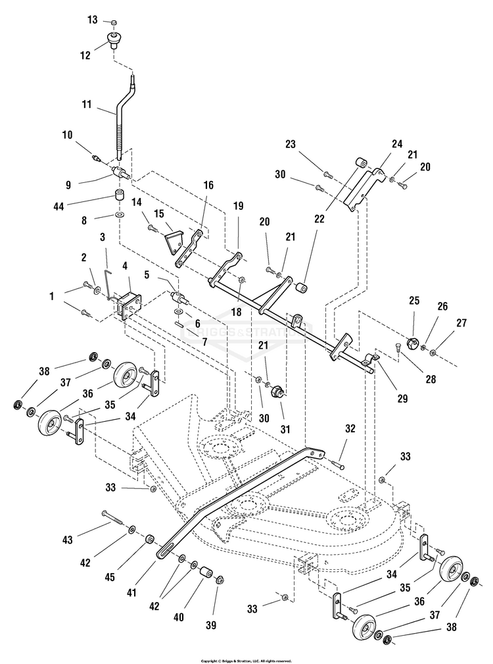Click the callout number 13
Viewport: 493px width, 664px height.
point(93,20)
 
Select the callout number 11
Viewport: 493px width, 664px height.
point(86,105)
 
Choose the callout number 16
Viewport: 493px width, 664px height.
point(208,186)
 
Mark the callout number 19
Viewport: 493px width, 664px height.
point(237,205)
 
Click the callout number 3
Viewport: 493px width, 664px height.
point(103,236)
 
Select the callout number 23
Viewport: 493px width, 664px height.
point(292,145)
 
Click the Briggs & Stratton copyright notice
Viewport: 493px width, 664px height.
point(246,659)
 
